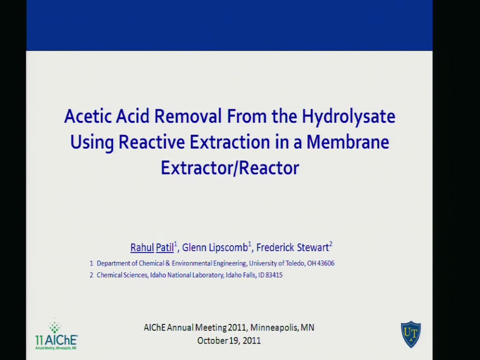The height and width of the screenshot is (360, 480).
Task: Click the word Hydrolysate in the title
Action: [x=348, y=117]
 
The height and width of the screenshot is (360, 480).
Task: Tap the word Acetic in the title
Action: [x=88, y=116]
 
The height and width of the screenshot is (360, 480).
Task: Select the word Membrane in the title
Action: [x=348, y=142]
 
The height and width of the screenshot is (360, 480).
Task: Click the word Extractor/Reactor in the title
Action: [x=230, y=168]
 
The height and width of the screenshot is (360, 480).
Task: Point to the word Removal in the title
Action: [x=187, y=116]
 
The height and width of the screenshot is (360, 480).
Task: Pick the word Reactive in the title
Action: [x=151, y=142]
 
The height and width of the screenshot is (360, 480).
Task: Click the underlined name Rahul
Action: [x=142, y=247]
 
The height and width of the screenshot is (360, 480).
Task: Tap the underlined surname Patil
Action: [x=165, y=247]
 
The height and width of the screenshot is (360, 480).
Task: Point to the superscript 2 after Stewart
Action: [x=330, y=244]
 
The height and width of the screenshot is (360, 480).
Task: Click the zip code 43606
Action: [x=326, y=263]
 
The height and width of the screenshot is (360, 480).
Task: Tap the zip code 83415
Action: [x=274, y=275]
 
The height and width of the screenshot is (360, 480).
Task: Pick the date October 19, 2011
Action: [x=229, y=341]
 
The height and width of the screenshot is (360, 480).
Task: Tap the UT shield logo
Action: [x=411, y=334]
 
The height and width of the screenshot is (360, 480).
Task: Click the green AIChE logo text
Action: [x=57, y=340]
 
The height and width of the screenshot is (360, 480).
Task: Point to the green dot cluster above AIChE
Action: [x=55, y=326]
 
